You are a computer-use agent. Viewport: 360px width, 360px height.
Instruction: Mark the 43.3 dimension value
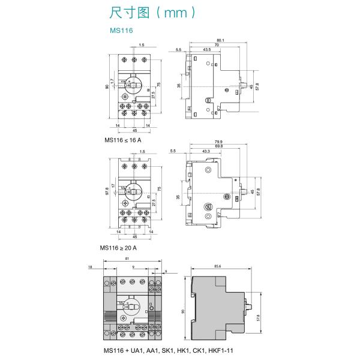tap(206, 150)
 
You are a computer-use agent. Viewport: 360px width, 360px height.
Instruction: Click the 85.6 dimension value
tap(217, 266)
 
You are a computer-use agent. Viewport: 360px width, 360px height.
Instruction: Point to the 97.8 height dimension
tap(107, 190)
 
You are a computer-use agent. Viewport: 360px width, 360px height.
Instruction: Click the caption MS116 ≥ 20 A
tap(120, 247)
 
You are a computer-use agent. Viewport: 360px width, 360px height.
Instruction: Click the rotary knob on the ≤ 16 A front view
tap(134, 86)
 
